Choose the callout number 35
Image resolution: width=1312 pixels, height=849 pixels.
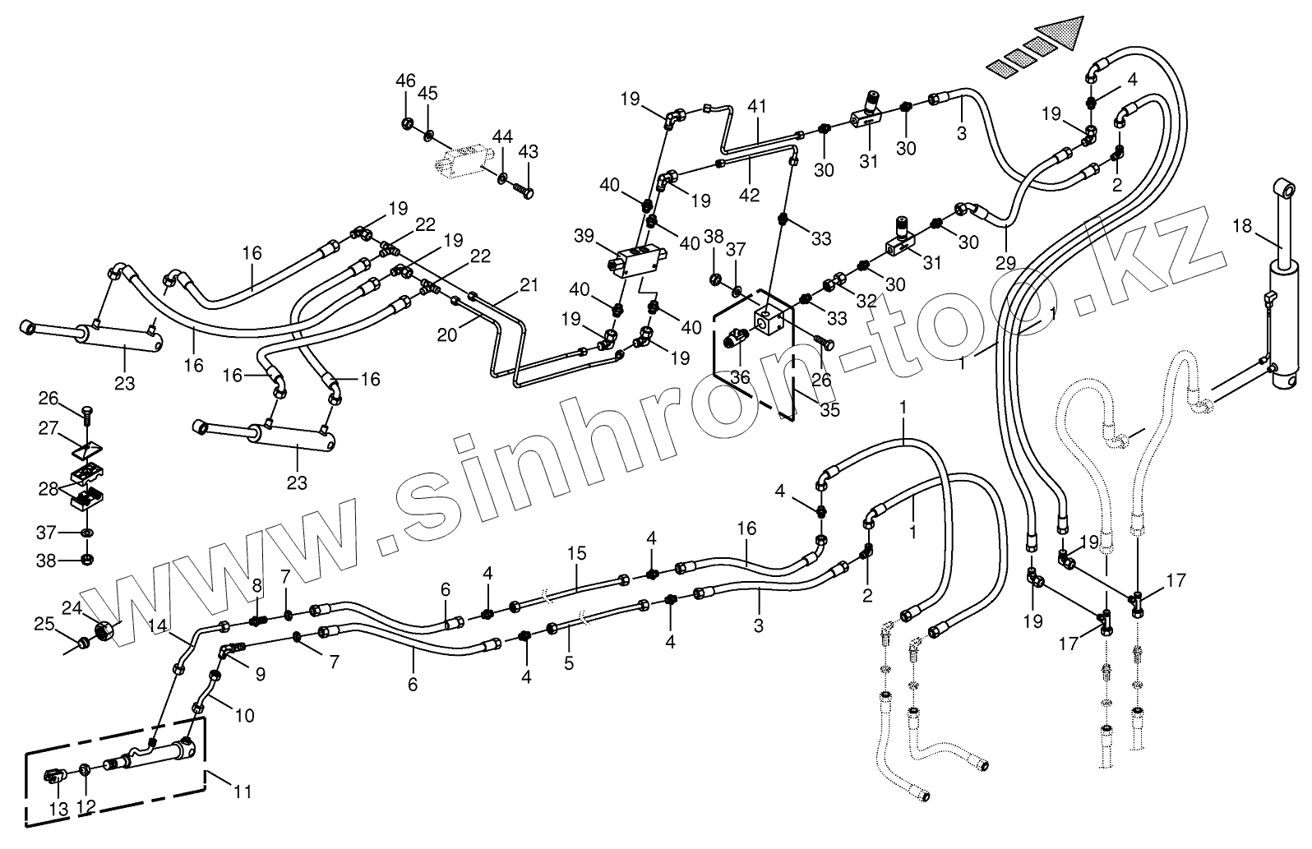click(830, 409)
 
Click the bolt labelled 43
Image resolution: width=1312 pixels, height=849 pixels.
click(523, 191)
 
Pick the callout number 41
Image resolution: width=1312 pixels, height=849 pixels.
click(757, 106)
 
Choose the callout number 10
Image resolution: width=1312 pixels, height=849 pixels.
click(244, 716)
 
